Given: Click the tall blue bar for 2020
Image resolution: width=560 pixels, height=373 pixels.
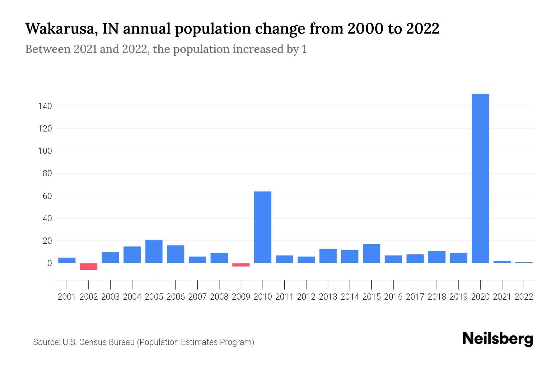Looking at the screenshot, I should click(x=480, y=178).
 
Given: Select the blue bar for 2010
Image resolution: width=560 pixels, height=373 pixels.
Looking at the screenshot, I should click(x=263, y=227).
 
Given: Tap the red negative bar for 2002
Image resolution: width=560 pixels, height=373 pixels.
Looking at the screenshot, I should click(x=89, y=266).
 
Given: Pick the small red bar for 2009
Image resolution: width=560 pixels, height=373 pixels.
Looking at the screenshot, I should click(x=241, y=265).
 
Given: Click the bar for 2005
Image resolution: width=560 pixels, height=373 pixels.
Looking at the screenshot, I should click(x=154, y=251).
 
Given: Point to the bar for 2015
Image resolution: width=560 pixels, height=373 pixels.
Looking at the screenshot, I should click(x=371, y=254).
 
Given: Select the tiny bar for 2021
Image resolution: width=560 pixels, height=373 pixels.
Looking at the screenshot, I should click(x=502, y=262).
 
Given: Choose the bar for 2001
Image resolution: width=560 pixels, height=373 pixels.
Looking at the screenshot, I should click(x=67, y=260).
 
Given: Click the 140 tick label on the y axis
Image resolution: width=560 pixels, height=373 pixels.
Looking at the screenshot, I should click(x=45, y=106).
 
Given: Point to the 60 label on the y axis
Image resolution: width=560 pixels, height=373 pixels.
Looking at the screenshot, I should click(x=47, y=196).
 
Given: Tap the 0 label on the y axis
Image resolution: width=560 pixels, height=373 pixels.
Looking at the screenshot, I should click(x=49, y=263).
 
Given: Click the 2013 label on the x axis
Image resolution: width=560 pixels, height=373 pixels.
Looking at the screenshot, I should click(x=328, y=297).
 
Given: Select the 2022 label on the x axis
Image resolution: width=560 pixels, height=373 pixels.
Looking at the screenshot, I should click(x=524, y=297).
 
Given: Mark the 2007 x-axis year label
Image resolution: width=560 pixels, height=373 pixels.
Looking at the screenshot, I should click(x=197, y=297).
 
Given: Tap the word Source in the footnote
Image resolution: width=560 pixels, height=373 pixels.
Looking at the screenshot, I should click(x=46, y=342).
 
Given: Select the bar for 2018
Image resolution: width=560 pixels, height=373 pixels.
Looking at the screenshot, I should click(x=436, y=257).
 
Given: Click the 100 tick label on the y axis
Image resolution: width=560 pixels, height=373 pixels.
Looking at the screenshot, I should click(x=45, y=151).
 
